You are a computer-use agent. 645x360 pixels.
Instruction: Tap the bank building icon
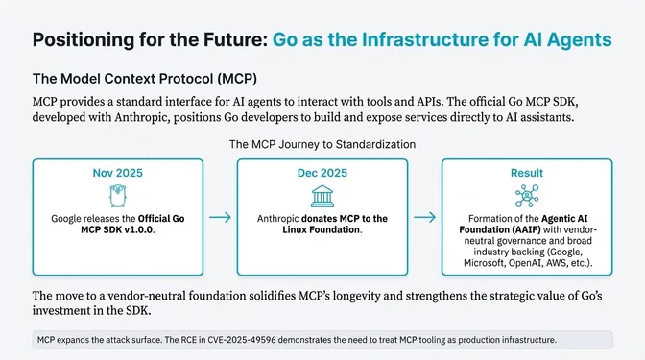[322, 194]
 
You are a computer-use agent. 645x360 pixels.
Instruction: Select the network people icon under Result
[526, 195]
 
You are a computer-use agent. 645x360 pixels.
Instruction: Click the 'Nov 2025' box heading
[118, 173]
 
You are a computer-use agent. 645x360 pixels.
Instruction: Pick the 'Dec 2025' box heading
[322, 173]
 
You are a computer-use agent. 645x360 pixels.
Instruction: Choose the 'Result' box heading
[526, 173]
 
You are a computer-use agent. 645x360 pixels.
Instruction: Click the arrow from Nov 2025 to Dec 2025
[220, 218]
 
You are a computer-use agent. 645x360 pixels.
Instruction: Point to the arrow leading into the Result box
[424, 218]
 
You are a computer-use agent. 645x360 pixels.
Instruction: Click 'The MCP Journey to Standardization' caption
[322, 143]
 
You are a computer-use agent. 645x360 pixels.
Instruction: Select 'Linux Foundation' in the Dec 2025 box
[319, 230]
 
